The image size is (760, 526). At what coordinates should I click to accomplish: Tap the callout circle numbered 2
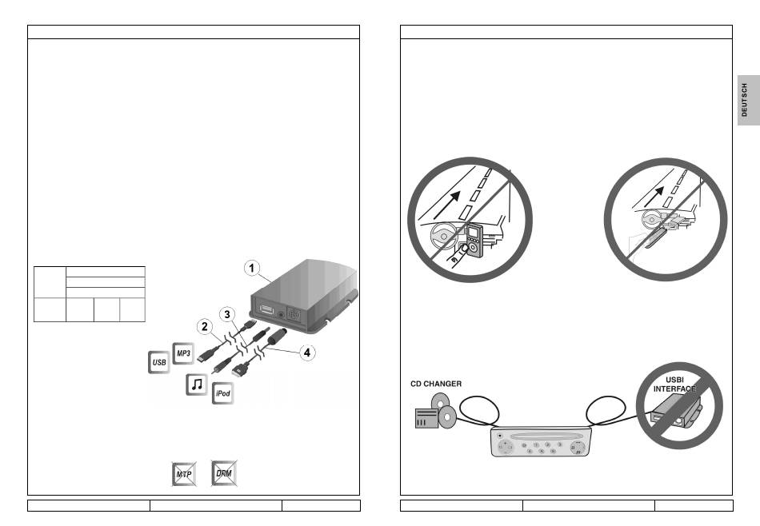206,326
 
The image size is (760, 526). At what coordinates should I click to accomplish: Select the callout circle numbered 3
227,313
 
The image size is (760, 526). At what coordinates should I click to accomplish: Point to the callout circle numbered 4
306,351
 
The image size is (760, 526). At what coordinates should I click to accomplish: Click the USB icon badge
158,364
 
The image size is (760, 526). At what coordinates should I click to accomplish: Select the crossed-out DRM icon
224,474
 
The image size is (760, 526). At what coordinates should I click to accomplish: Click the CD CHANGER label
436,384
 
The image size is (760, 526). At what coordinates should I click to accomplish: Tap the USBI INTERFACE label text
674,385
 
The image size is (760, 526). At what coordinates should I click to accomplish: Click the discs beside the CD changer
445,410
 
